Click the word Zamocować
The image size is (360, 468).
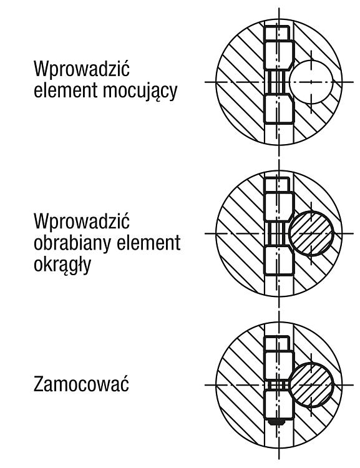click(x=81, y=384)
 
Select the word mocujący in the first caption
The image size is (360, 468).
click(x=140, y=90)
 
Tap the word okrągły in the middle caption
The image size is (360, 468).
click(x=62, y=265)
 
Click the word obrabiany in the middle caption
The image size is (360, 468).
click(x=73, y=243)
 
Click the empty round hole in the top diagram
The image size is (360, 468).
click(x=311, y=82)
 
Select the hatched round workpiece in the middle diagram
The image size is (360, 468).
click(x=311, y=233)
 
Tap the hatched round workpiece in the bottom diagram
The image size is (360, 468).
click(x=311, y=385)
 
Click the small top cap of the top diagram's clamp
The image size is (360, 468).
click(x=277, y=33)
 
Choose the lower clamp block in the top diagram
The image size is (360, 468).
click(x=279, y=109)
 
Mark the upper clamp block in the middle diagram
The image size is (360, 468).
click(x=279, y=207)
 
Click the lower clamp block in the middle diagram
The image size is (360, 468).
click(x=279, y=260)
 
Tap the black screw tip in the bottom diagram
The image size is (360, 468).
click(x=276, y=422)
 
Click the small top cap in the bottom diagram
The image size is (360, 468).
click(x=277, y=343)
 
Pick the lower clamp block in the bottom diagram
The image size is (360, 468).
click(x=278, y=404)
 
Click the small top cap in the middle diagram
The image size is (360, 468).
click(x=277, y=185)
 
